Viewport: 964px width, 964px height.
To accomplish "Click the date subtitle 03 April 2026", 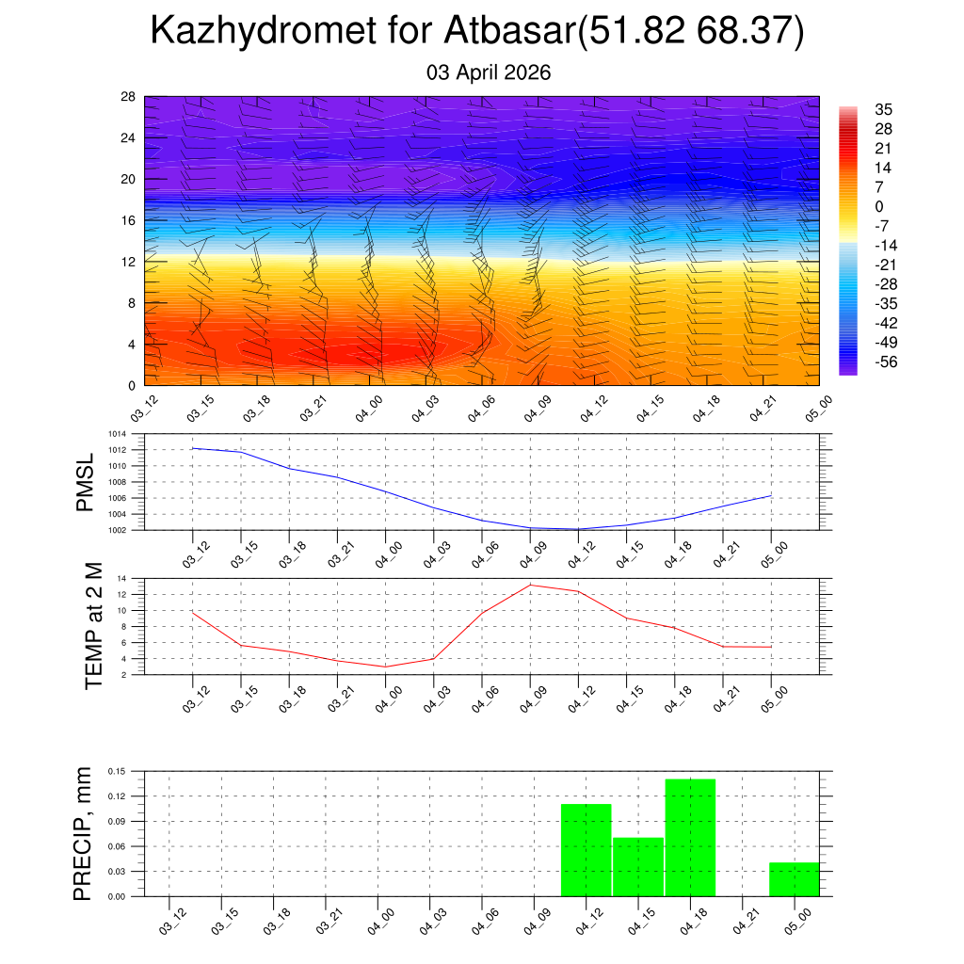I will (x=489, y=72).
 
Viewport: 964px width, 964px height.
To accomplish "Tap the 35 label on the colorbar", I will (x=883, y=109).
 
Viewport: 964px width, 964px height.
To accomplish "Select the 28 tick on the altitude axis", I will (x=128, y=97).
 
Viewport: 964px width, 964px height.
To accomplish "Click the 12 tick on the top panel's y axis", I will (x=128, y=262).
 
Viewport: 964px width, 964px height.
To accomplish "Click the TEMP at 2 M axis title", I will (x=93, y=626).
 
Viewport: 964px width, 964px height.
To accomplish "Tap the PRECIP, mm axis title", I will (x=85, y=833).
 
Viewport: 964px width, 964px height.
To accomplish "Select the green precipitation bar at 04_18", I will (x=690, y=838).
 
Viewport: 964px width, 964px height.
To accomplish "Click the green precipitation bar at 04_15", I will (x=638, y=867).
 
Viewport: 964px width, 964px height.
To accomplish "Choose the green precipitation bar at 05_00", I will (x=794, y=879).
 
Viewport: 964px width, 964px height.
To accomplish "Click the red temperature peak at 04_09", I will (x=530, y=585).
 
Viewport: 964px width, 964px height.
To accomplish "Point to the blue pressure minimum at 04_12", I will (x=578, y=529).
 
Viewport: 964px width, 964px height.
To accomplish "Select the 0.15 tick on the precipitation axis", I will (x=117, y=771).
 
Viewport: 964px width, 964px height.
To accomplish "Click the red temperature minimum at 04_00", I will (x=385, y=667).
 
